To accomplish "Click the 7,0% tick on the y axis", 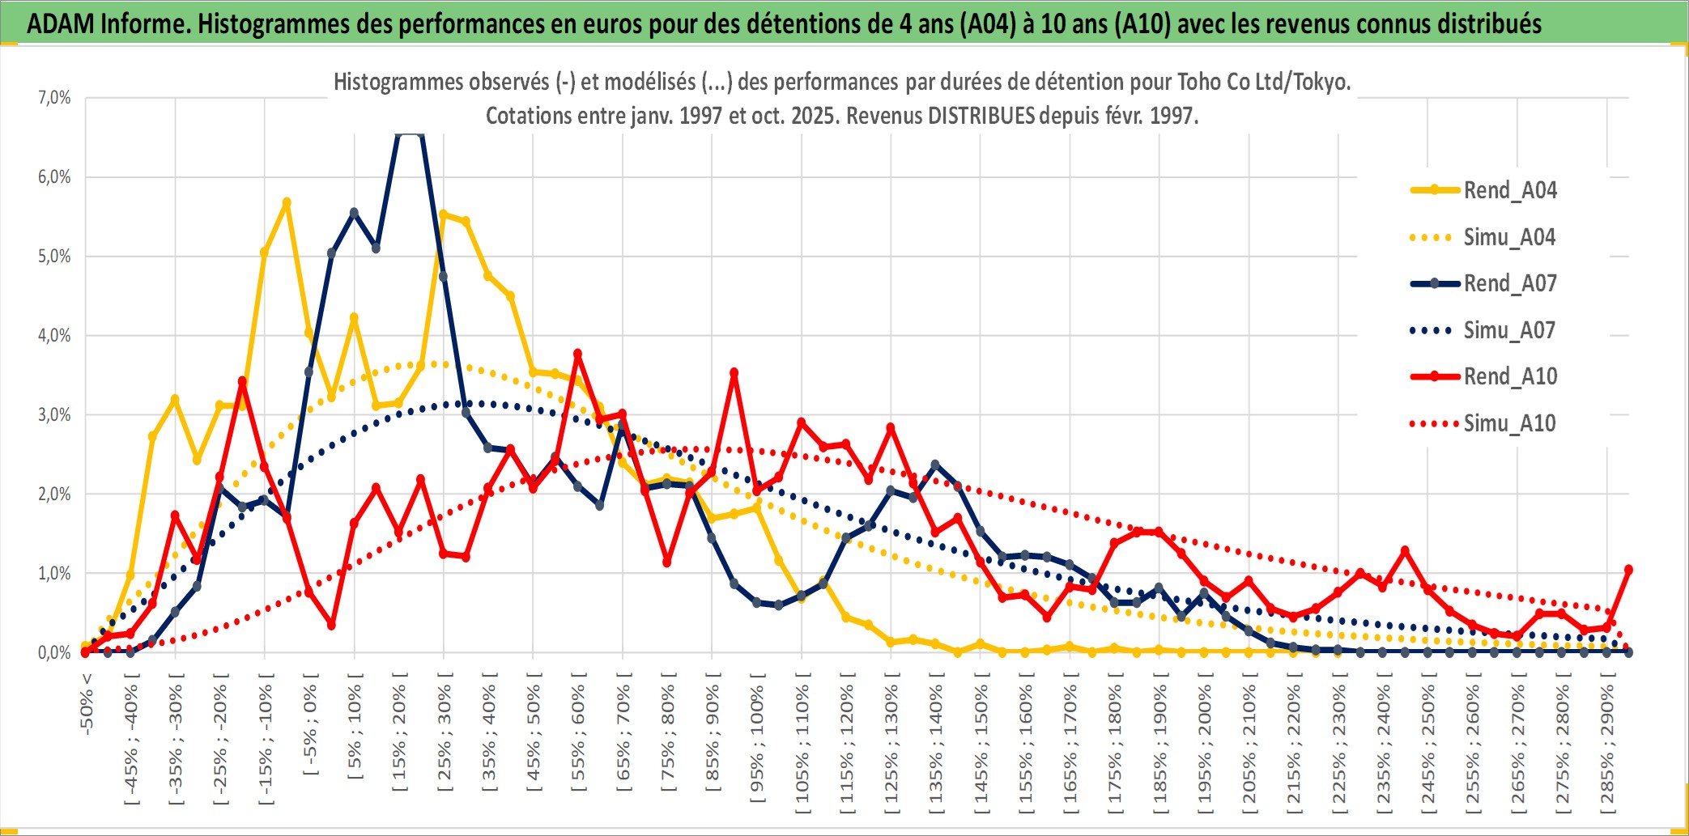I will [54, 98].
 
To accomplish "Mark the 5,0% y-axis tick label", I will [54, 257].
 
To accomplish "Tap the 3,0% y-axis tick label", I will [54, 415].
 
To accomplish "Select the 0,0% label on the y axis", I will [54, 653].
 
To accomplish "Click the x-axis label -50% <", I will [87, 704].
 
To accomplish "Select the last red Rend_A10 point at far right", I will [1628, 570].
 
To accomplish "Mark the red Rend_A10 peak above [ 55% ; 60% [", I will [577, 354].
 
